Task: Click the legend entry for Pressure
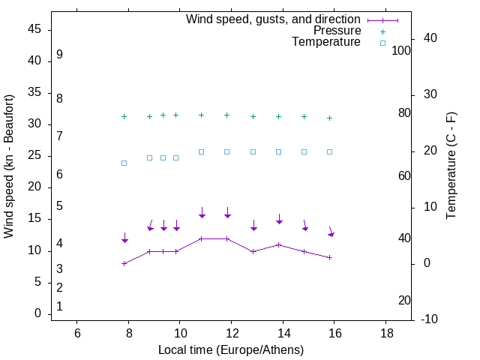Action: pyautogui.click(x=337, y=31)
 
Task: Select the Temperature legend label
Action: pyautogui.click(x=326, y=42)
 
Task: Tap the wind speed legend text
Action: pyautogui.click(x=273, y=19)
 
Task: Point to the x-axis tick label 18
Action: pyautogui.click(x=385, y=333)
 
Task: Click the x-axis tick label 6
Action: pyautogui.click(x=77, y=333)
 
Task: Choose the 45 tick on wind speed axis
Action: pyautogui.click(x=34, y=29)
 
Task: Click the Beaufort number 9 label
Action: pyautogui.click(x=59, y=55)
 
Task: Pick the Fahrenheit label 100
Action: pyautogui.click(x=401, y=50)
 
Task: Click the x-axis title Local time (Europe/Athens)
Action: pyautogui.click(x=231, y=349)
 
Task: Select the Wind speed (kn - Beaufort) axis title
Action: pyautogui.click(x=9, y=166)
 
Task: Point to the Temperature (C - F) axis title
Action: pyautogui.click(x=451, y=166)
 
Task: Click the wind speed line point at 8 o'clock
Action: pyautogui.click(x=124, y=263)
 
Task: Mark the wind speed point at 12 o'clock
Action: pyautogui.click(x=227, y=238)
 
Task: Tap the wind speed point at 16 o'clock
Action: pyautogui.click(x=329, y=257)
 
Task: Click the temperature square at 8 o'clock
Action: pyautogui.click(x=124, y=163)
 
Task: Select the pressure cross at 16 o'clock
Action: pyautogui.click(x=329, y=118)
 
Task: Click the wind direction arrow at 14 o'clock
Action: pyautogui.click(x=279, y=220)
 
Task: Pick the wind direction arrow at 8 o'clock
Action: pyautogui.click(x=124, y=238)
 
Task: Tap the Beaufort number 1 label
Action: pyautogui.click(x=59, y=306)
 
